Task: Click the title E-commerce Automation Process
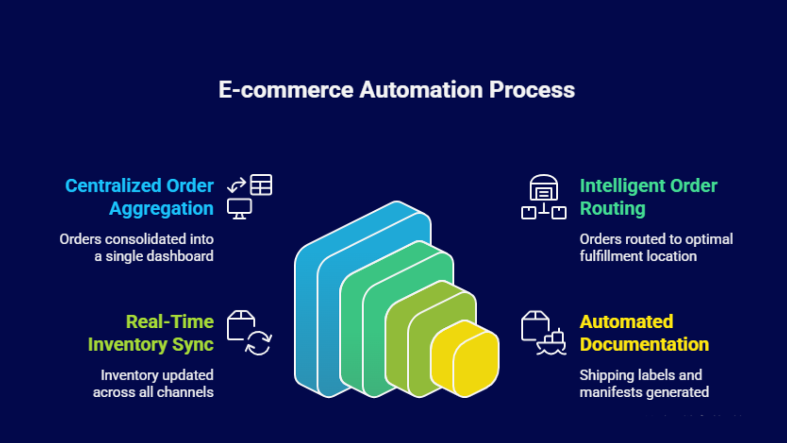[396, 90]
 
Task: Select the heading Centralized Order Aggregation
[140, 197]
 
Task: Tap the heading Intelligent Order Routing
[648, 197]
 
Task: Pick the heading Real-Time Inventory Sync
[151, 333]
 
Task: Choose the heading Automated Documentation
[644, 333]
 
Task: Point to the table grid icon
[261, 185]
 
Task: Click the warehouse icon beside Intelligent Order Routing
[544, 188]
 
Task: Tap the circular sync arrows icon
[259, 343]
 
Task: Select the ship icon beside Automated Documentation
[551, 343]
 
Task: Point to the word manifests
[610, 392]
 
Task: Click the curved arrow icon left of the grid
[236, 186]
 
